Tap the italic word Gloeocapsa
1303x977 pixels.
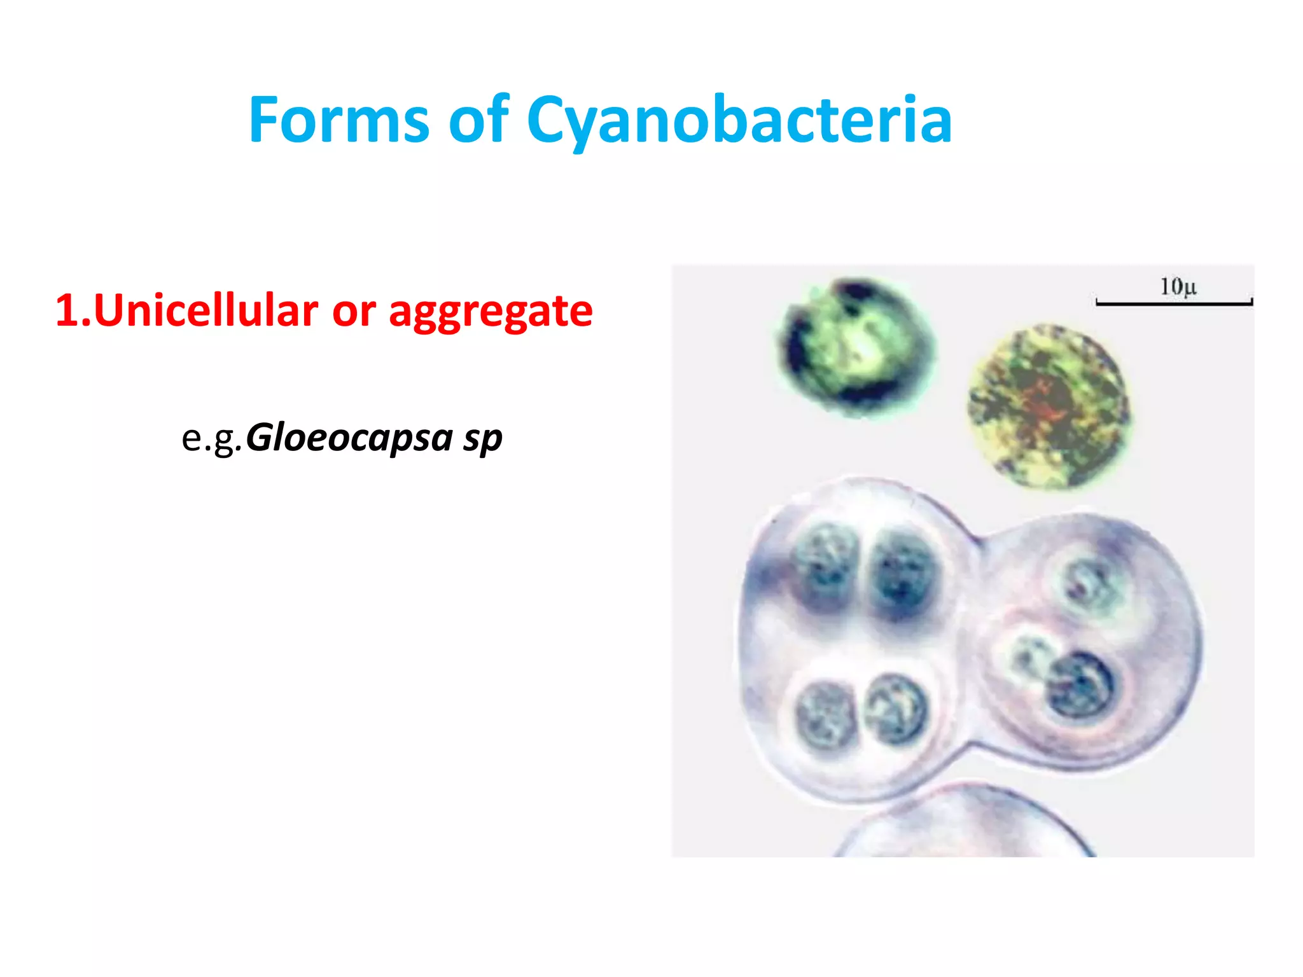point(349,438)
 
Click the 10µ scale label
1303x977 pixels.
point(1178,287)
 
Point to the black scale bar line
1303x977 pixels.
point(1174,304)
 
